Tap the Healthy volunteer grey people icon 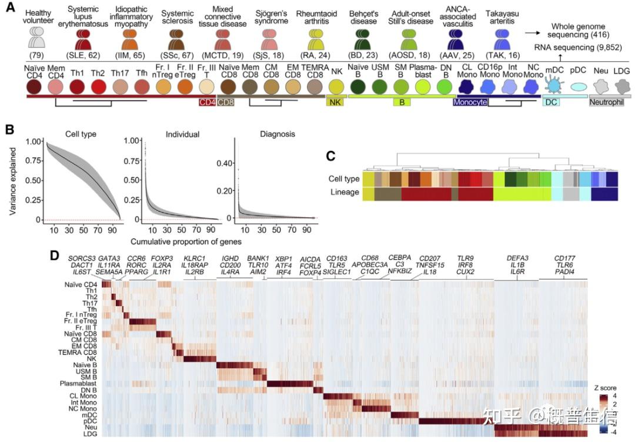[x=36, y=38]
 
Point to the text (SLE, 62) [x=85, y=56]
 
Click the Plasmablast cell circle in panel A [x=424, y=86]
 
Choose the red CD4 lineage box [x=207, y=102]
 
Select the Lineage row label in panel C [x=345, y=192]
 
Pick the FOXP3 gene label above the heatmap [x=162, y=257]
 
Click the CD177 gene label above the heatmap [x=564, y=257]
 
